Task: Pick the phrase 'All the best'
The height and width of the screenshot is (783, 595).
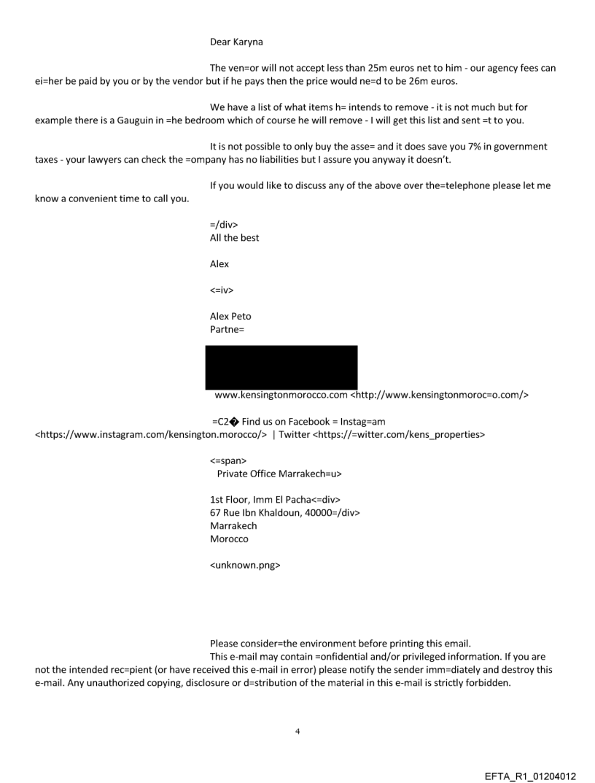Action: [234, 237]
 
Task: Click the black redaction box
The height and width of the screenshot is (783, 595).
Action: [281, 367]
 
